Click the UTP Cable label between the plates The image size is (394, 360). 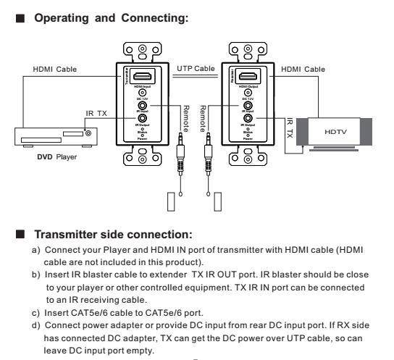pyautogui.click(x=196, y=67)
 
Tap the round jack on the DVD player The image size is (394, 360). pyautogui.click(x=88, y=133)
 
